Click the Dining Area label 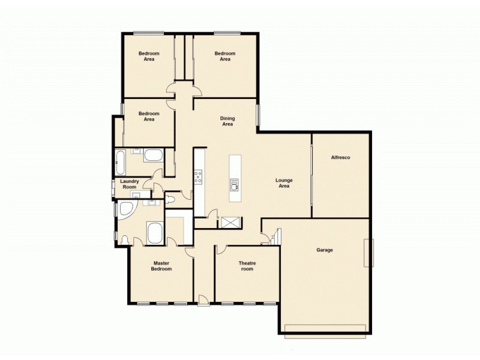(x=227, y=121)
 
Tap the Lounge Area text (x=283, y=182)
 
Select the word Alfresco (x=340, y=158)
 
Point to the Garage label (x=324, y=250)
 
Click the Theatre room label (x=247, y=266)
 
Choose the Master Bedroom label (x=161, y=266)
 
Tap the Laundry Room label (x=130, y=184)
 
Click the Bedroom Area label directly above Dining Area (x=225, y=56)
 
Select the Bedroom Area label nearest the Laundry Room (x=149, y=116)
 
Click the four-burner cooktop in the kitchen (x=198, y=176)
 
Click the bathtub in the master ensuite (x=154, y=233)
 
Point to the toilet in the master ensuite (x=124, y=240)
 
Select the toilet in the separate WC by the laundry (x=171, y=197)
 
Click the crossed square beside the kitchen (x=230, y=223)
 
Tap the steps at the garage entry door (x=268, y=239)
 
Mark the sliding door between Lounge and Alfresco (x=311, y=174)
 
